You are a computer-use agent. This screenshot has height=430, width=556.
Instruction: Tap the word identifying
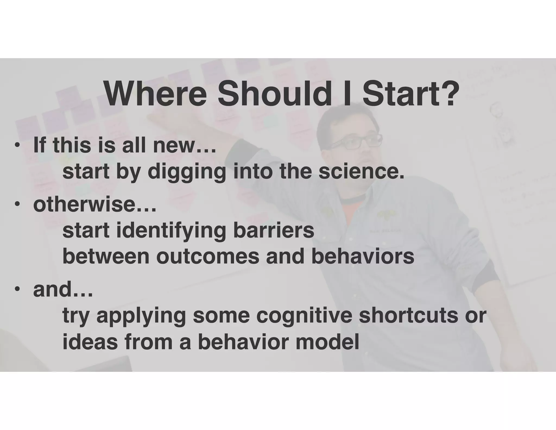tap(171, 231)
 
